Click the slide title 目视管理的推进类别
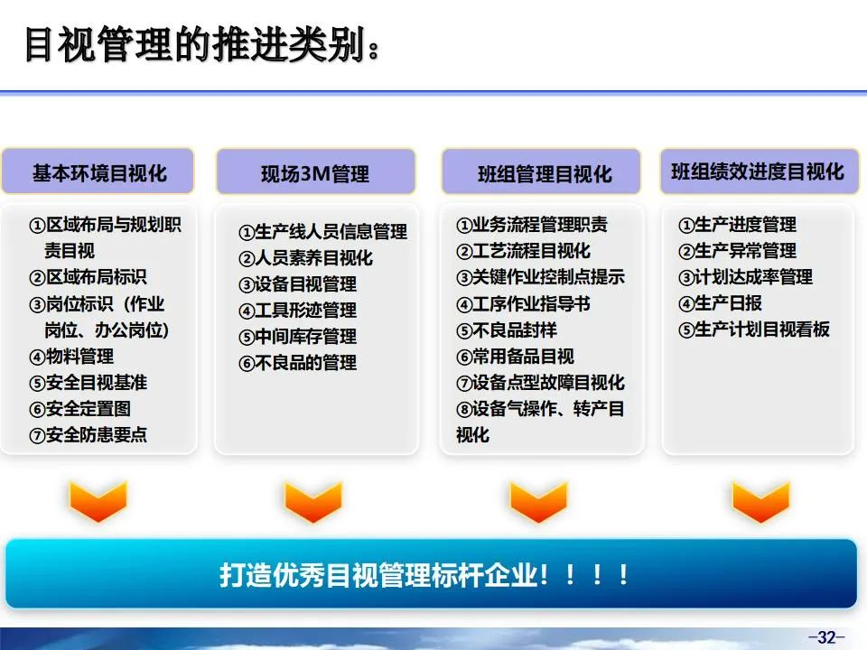(x=195, y=44)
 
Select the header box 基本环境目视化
(x=98, y=172)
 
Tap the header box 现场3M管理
(x=315, y=172)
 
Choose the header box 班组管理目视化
(x=541, y=172)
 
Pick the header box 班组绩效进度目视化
(x=760, y=172)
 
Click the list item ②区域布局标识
(x=88, y=277)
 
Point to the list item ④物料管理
(x=71, y=356)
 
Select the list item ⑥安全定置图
(x=80, y=409)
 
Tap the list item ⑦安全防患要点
(x=89, y=435)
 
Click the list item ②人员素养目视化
(x=306, y=257)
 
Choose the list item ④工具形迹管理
(x=297, y=310)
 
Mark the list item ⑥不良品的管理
(x=297, y=363)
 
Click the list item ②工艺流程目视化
(x=524, y=251)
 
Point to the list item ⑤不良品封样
(x=507, y=330)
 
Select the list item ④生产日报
(x=720, y=303)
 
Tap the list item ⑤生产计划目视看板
(x=753, y=330)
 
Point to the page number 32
(x=826, y=637)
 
